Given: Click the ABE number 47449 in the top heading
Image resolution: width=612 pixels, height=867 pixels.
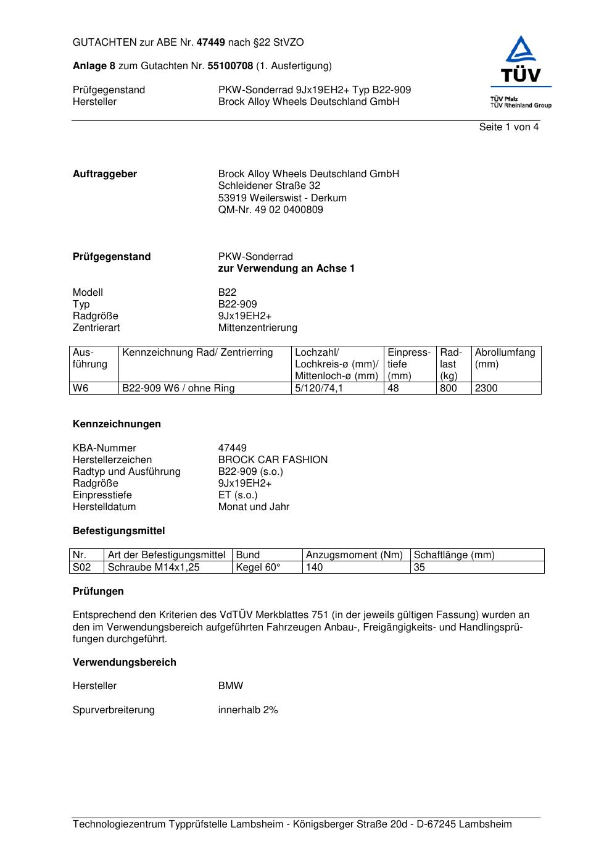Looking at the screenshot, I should (x=211, y=43).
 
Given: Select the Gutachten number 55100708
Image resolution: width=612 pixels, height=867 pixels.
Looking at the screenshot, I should (x=230, y=66).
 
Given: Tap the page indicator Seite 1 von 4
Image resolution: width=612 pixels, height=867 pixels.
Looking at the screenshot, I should (x=508, y=127).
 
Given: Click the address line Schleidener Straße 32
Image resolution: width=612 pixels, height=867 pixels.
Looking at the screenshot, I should (x=269, y=186).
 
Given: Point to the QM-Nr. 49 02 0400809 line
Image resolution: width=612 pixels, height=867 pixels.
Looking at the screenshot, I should (x=270, y=210).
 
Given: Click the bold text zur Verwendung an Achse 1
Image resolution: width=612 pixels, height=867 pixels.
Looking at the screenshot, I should (x=286, y=269).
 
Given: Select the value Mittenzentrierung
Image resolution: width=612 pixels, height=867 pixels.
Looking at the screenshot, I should (x=257, y=328).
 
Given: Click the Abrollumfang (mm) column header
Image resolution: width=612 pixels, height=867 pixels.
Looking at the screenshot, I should (x=505, y=358).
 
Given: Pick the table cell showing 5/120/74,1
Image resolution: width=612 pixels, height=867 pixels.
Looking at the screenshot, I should (x=319, y=388).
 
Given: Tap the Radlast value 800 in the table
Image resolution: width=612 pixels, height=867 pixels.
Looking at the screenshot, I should (x=449, y=388).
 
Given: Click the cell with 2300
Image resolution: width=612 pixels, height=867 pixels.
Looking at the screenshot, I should (x=486, y=388).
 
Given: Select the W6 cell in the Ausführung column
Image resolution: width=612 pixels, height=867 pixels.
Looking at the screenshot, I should (x=81, y=388).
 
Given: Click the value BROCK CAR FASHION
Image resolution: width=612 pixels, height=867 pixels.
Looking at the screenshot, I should (x=273, y=460).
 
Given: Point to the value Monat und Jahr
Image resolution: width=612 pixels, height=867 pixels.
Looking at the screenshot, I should (x=254, y=507).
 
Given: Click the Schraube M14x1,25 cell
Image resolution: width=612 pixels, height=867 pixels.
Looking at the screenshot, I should (x=154, y=568).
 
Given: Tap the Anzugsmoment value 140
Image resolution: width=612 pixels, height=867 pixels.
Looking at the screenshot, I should (x=315, y=568).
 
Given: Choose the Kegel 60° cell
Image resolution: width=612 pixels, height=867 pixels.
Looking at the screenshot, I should (x=258, y=568).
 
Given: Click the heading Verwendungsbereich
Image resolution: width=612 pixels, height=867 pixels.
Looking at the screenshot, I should (x=125, y=663).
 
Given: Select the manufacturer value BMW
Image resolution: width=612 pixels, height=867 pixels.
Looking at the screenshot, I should (x=231, y=686).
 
